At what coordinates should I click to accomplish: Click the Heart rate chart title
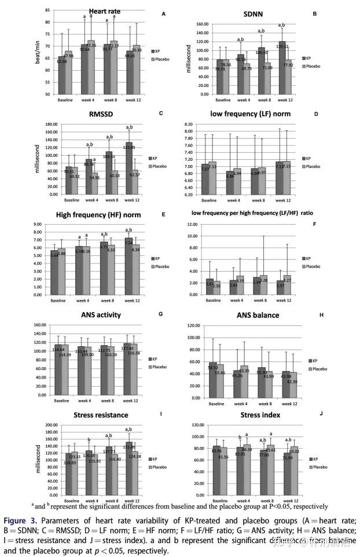coord(105,12)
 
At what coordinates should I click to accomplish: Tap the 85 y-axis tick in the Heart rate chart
coord(48,10)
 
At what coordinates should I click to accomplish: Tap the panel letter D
coord(316,115)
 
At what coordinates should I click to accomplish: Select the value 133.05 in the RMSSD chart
coord(128,148)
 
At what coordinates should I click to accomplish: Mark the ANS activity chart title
coord(105,315)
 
